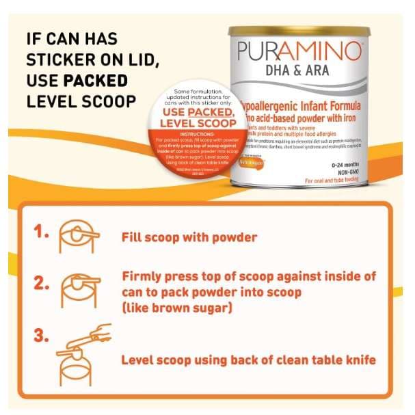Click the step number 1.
coord(42,231)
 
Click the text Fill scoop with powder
coord(189,238)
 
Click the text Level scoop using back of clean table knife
coord(248,360)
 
